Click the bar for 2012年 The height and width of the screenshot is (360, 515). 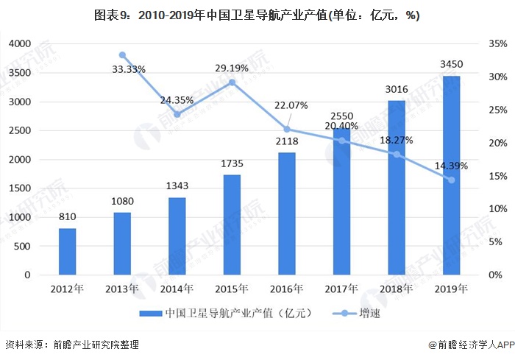point(67,251)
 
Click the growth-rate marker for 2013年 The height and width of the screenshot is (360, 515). point(122,55)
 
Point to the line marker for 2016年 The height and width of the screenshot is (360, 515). point(287,130)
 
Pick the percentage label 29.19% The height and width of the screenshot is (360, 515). point(232,68)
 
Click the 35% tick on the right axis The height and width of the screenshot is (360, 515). point(497,44)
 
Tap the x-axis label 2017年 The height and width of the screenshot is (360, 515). point(342,289)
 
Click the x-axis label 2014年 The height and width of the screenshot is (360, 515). point(177,289)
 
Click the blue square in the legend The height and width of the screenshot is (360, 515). point(152,314)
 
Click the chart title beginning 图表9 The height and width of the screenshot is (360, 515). point(257,15)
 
